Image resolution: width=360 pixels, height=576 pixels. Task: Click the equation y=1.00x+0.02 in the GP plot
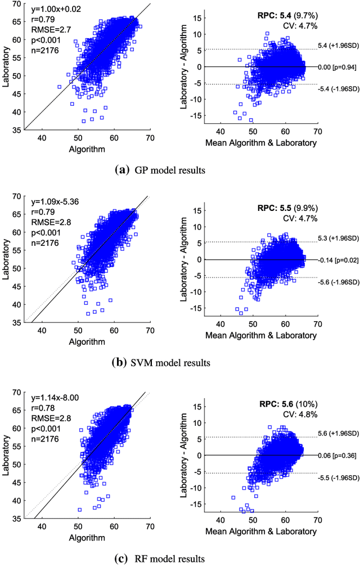click(57, 8)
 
